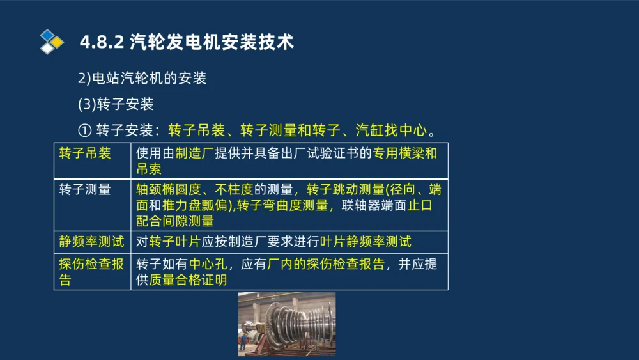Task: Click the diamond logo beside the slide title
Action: (x=52, y=42)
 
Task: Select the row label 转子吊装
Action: (x=85, y=153)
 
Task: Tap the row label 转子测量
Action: (x=85, y=189)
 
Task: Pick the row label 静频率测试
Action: (x=91, y=241)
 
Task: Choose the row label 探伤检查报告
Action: (x=91, y=272)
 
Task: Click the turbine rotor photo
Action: (x=286, y=324)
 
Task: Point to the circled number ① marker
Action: (x=85, y=130)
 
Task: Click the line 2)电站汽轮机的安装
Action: (x=142, y=79)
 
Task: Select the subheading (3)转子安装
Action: (x=116, y=104)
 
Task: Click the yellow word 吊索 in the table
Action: (x=149, y=169)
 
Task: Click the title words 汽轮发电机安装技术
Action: (x=212, y=43)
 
